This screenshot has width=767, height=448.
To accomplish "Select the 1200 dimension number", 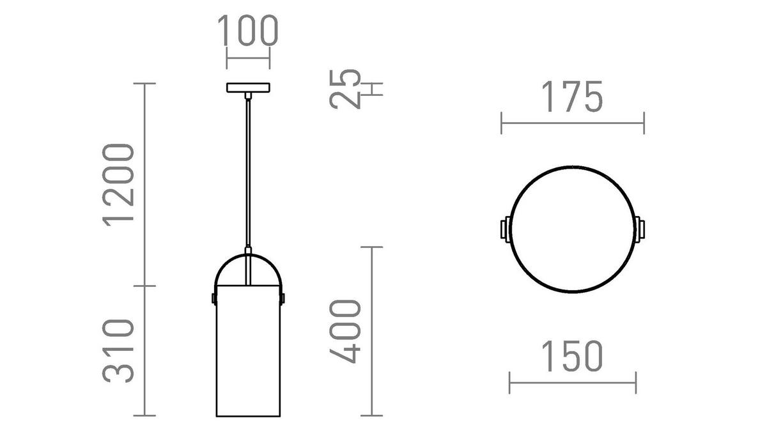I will (x=119, y=183).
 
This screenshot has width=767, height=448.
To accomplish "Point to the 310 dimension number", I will (x=119, y=350).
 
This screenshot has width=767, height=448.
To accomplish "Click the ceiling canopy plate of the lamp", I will (x=248, y=88).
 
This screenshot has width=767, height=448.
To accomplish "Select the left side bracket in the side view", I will (x=213, y=297).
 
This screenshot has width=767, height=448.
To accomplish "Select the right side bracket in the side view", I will (x=283, y=297).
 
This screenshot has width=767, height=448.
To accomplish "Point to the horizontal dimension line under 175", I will (x=572, y=123).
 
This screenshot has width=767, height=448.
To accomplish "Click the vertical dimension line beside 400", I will (x=372, y=331).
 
